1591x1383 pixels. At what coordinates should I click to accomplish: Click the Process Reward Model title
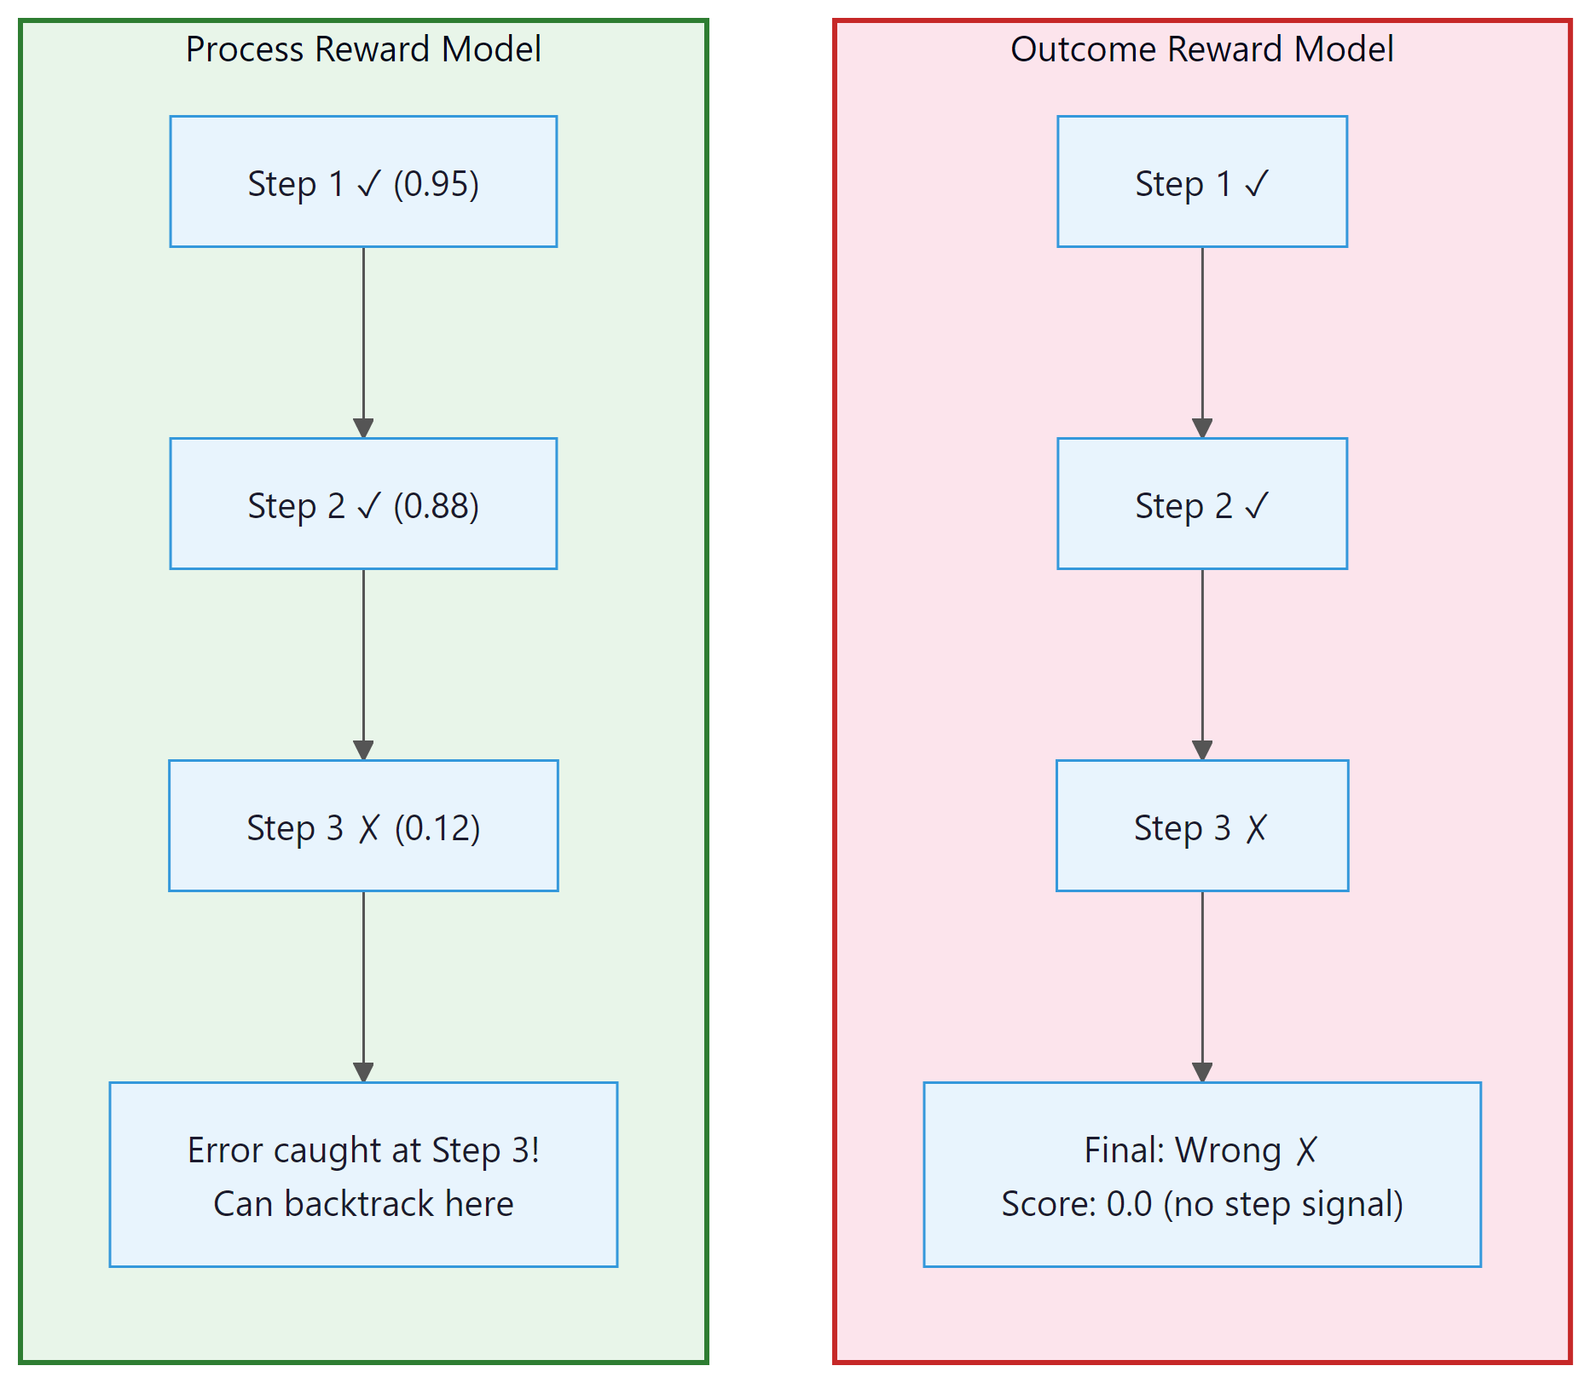[x=363, y=49]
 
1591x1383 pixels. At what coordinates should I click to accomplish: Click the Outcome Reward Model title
[x=1201, y=49]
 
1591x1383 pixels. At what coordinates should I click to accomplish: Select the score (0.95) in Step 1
[x=436, y=184]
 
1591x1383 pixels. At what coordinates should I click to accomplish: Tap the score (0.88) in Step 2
[x=436, y=506]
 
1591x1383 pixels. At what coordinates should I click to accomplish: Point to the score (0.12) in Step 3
[x=437, y=828]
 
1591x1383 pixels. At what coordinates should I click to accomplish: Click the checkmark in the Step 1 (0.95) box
[x=368, y=184]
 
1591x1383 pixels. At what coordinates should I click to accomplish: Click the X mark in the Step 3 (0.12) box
[x=368, y=828]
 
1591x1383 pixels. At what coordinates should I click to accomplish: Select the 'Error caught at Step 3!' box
[x=363, y=1174]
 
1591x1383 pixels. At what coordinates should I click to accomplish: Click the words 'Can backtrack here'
[x=363, y=1204]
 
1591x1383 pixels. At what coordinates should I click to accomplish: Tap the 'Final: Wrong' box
[x=1201, y=1174]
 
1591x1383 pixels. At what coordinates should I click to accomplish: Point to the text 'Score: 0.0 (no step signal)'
[x=1201, y=1204]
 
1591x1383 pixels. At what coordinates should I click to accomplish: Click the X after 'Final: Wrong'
[x=1306, y=1151]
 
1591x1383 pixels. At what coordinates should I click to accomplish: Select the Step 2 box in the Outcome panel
[x=1201, y=504]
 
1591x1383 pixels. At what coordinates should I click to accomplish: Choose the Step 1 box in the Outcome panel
[x=1201, y=182]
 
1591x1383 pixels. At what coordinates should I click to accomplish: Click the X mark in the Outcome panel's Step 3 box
[x=1256, y=828]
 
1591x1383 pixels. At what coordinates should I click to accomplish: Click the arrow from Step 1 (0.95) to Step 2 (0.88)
[x=363, y=341]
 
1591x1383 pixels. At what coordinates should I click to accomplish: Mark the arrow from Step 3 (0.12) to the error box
[x=363, y=985]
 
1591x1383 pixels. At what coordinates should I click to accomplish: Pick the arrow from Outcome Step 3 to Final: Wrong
[x=1202, y=985]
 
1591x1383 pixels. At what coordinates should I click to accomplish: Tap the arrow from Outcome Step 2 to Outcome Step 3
[x=1202, y=663]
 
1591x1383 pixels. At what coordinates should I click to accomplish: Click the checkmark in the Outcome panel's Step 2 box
[x=1257, y=506]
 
